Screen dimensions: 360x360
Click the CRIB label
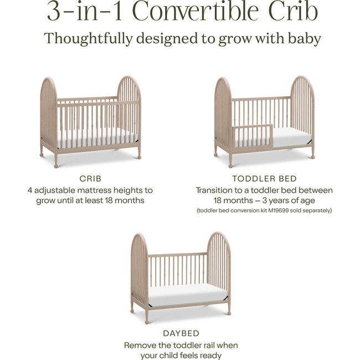pos(90,179)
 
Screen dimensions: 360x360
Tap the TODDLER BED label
pos(265,179)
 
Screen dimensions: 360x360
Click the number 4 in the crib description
pos(30,190)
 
